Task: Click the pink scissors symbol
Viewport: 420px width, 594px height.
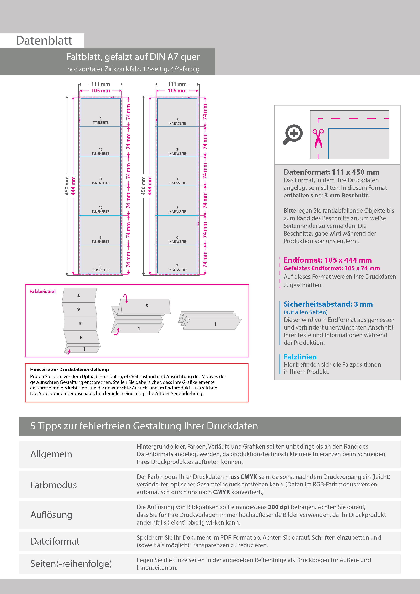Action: coord(318,138)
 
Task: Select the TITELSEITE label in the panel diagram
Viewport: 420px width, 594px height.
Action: coord(101,123)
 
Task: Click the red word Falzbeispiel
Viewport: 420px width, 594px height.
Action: coord(42,292)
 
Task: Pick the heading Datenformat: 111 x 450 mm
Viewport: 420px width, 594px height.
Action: coord(331,172)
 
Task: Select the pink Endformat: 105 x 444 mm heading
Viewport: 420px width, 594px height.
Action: coord(327,260)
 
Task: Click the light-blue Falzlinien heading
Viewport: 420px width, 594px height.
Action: coord(300,357)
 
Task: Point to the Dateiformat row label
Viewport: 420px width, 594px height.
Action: coord(55,541)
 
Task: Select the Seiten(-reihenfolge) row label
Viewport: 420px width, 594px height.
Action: coord(71,564)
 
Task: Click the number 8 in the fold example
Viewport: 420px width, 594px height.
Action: coord(147,306)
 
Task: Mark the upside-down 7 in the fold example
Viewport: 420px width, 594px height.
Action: coord(79,295)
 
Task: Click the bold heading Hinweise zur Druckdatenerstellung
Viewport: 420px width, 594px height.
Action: coord(69,369)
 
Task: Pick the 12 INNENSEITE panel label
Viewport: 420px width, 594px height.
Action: coord(101,152)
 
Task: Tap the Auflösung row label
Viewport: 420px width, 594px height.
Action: coord(51,515)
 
